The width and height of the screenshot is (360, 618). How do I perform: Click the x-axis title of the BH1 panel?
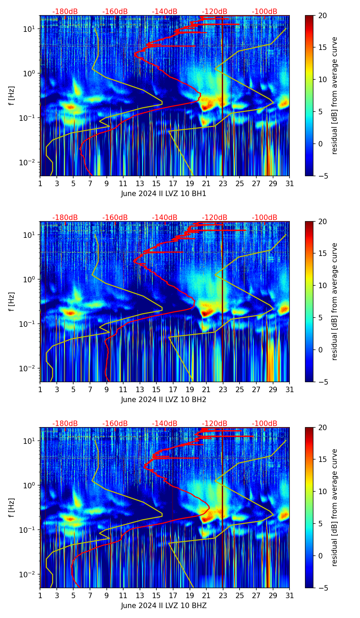pyautogui.click(x=164, y=194)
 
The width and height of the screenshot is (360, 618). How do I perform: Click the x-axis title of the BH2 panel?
pyautogui.click(x=164, y=400)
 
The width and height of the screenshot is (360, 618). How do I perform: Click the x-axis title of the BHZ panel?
pyautogui.click(x=164, y=606)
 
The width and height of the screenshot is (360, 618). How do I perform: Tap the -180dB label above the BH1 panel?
pyautogui.click(x=65, y=12)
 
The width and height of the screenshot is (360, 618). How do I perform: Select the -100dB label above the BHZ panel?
pyautogui.click(x=265, y=424)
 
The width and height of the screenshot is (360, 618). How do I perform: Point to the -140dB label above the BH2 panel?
pyautogui.click(x=165, y=218)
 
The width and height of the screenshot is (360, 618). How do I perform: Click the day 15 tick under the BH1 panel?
pyautogui.click(x=156, y=183)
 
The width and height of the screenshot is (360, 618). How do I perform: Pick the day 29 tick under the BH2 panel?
pyautogui.click(x=273, y=389)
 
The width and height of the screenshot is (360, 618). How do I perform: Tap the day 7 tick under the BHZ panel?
pyautogui.click(x=90, y=595)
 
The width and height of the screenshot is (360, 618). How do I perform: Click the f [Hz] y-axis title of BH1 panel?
pyautogui.click(x=12, y=95)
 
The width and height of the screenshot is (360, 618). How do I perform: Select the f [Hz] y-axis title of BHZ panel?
pyautogui.click(x=12, y=507)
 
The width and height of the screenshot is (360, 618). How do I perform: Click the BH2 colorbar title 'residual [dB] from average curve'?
pyautogui.click(x=335, y=301)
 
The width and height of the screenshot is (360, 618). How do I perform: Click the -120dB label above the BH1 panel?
pyautogui.click(x=215, y=12)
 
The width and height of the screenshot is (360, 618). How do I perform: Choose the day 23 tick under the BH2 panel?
pyautogui.click(x=223, y=389)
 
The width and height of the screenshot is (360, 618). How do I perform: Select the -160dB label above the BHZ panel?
pyautogui.click(x=115, y=424)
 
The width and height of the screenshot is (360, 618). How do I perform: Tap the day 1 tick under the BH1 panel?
pyautogui.click(x=40, y=183)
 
